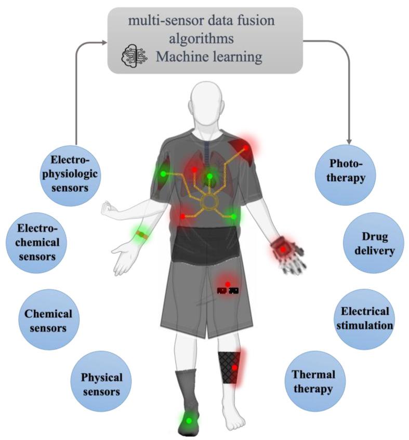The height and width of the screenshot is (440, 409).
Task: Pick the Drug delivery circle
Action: [x=373, y=243]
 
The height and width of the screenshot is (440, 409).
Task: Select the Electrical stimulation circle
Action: [x=364, y=318]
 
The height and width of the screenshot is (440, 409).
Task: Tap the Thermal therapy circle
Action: [x=313, y=381]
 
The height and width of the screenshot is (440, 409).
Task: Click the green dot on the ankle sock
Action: [x=189, y=420]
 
